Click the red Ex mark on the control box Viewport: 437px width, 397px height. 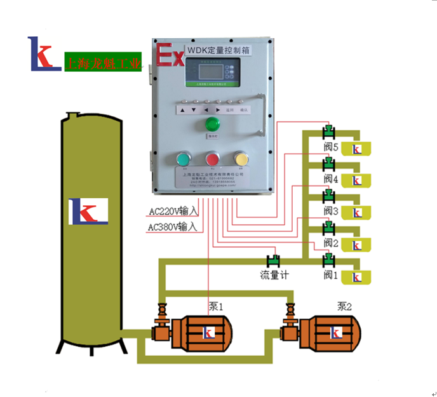pos(170,55)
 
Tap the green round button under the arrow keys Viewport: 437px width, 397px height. pos(210,123)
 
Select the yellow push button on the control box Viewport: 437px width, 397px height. pos(241,158)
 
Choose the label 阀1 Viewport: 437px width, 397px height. pos(329,275)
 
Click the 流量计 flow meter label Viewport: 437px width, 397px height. pos(274,275)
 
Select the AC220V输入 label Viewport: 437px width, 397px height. pos(173,211)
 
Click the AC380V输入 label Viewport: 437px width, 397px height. pos(173,226)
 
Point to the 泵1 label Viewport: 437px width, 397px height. pos(217,306)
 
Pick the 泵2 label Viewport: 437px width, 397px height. pos(345,306)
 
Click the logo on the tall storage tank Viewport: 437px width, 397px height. pos(89,211)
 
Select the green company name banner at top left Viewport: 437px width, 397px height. pos(103,62)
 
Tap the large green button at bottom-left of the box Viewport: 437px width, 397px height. pos(183,159)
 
